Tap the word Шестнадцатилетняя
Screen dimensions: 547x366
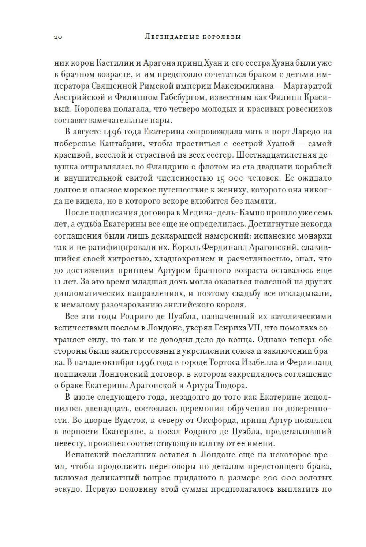point(273,155)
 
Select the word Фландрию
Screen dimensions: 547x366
point(167,167)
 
